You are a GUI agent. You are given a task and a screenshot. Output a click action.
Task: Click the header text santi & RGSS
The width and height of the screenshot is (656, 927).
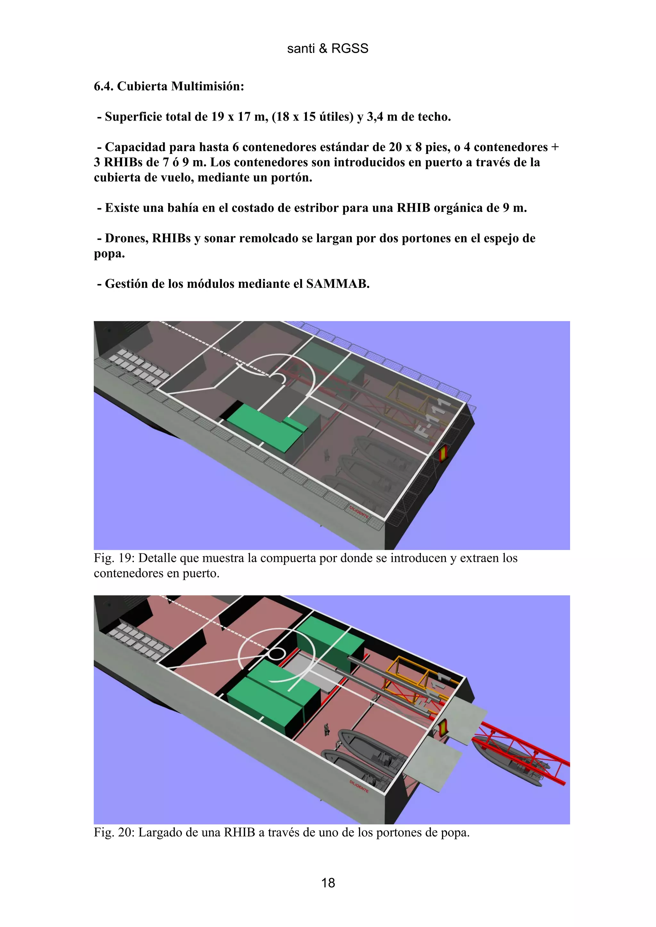(x=327, y=48)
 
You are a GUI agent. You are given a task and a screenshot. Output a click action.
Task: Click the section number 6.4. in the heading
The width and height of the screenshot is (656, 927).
(x=103, y=86)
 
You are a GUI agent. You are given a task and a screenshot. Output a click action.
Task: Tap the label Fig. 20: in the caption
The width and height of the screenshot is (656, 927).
(x=114, y=833)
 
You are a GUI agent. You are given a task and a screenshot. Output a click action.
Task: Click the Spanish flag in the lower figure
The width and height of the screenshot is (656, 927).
(x=443, y=727)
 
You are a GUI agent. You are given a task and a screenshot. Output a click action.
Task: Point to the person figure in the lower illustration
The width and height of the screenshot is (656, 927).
(x=326, y=729)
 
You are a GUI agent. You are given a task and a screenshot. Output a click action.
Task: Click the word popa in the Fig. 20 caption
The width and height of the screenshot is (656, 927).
(x=454, y=833)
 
